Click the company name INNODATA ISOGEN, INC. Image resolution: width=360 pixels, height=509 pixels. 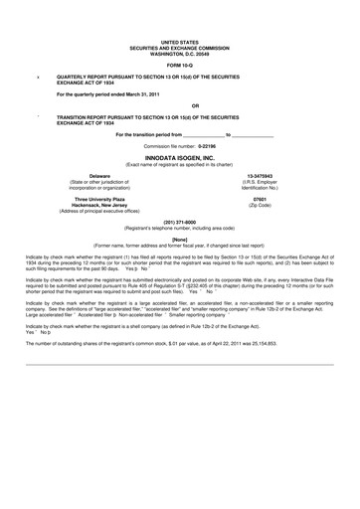pos(179,158)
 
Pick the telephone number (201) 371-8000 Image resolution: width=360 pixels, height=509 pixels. pos(180,222)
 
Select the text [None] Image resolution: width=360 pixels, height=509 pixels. pos(180,239)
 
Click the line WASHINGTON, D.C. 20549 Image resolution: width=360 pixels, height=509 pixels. pos(180,51)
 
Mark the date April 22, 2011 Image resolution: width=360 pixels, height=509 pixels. pos(237,342)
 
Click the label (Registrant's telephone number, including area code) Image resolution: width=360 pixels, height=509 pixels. pos(180,228)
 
